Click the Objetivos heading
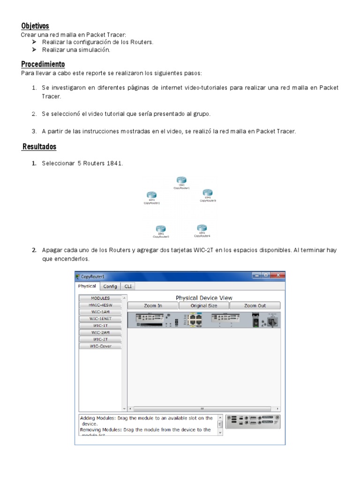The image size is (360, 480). (x=35, y=26)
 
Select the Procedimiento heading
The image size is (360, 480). (x=43, y=64)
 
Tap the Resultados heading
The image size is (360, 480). (x=39, y=147)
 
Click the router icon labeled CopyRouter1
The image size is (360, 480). (x=181, y=180)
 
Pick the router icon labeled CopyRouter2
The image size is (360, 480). (x=151, y=195)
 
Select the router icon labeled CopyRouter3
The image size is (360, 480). (x=161, y=229)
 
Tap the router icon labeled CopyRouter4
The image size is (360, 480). (x=202, y=228)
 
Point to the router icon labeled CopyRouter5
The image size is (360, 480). (x=208, y=192)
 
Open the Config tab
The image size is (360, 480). (x=110, y=286)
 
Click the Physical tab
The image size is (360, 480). (x=87, y=286)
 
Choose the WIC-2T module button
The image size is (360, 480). (x=100, y=339)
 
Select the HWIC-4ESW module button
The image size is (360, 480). (x=100, y=305)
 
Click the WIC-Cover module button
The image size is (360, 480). (x=100, y=346)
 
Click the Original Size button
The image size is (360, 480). (x=204, y=306)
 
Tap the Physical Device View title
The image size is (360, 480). (x=204, y=298)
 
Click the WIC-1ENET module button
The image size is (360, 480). (x=100, y=318)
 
